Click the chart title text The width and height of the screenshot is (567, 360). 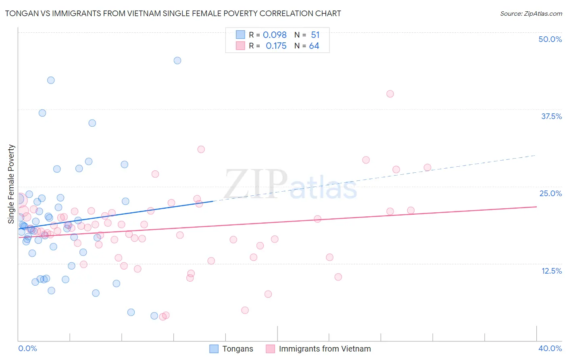click(x=173, y=14)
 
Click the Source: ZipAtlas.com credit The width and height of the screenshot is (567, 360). click(x=531, y=14)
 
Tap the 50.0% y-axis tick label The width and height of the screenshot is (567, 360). click(x=550, y=39)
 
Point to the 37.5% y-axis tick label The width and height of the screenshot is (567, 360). click(x=551, y=116)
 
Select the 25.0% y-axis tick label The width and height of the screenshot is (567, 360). click(x=550, y=193)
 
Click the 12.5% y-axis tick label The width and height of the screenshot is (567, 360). click(x=551, y=271)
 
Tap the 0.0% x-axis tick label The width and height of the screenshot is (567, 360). click(x=27, y=348)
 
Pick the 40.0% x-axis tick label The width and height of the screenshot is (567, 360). click(x=550, y=348)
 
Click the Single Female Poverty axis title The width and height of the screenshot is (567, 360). click(x=11, y=184)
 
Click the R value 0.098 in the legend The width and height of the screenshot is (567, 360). click(x=275, y=35)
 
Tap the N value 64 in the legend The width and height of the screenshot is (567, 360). click(x=314, y=46)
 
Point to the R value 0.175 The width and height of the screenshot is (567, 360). click(x=276, y=46)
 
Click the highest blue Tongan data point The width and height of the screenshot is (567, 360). click(x=177, y=61)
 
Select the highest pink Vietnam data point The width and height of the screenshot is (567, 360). click(x=390, y=94)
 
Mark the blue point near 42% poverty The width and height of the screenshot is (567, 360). click(x=51, y=80)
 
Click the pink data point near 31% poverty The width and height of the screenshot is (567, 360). click(x=201, y=149)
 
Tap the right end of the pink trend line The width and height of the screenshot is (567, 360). click(x=536, y=207)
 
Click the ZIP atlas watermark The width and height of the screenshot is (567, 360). click(x=290, y=184)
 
